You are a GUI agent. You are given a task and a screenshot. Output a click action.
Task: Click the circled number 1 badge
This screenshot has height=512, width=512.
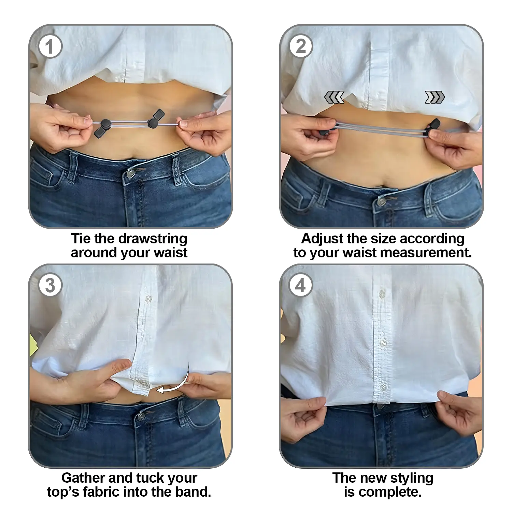click(x=50, y=46)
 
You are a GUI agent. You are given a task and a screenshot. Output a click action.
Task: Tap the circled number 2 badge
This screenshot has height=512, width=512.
click(x=301, y=46)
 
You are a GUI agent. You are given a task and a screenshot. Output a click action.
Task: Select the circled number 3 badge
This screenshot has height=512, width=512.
click(x=50, y=285)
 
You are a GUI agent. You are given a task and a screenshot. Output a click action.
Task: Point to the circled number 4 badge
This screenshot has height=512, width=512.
click(x=301, y=285)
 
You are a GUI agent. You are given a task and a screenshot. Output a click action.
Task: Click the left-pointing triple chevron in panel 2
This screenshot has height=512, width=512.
click(x=334, y=97)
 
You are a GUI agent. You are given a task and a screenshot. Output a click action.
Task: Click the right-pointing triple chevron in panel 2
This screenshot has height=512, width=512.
click(x=435, y=97)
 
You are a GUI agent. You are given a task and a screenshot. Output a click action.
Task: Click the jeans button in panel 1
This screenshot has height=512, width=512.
click(x=130, y=174)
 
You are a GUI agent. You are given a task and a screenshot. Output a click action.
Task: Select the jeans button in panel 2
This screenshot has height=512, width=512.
click(x=381, y=202)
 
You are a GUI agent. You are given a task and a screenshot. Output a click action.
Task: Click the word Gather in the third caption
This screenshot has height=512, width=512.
click(x=83, y=478)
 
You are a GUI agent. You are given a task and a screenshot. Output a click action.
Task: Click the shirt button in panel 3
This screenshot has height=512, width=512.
click(x=149, y=299)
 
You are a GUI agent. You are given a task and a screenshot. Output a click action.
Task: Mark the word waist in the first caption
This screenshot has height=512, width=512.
click(x=170, y=253)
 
